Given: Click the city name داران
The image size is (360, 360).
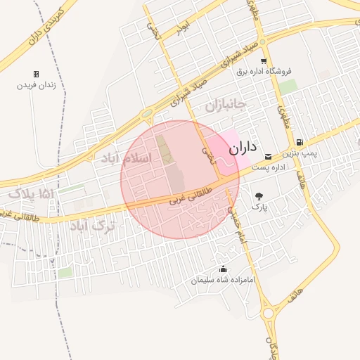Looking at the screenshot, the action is (240, 148).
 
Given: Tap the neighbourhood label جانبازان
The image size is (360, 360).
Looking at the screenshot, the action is (224, 106).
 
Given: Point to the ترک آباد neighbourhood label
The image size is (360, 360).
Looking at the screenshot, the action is (91, 226).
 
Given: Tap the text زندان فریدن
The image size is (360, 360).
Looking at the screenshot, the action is (36, 85).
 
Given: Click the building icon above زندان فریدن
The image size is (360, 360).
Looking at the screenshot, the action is (36, 74).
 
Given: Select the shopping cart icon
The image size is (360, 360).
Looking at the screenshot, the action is (264, 61).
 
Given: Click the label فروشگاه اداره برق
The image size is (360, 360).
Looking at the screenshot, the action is (264, 71).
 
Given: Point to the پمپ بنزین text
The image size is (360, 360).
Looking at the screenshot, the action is (300, 153).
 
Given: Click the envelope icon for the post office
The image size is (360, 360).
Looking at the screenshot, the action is (267, 156).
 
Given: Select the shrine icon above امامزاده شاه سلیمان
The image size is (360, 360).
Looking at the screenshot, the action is (224, 269).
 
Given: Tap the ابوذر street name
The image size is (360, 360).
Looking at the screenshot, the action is (182, 28).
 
